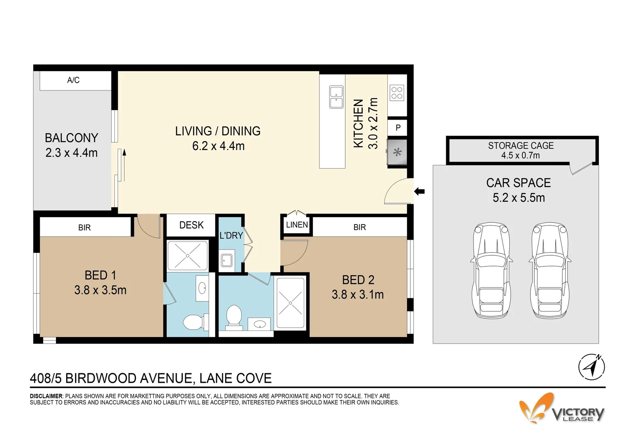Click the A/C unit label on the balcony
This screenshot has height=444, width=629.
(73, 80)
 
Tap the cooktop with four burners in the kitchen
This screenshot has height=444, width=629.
(397, 93)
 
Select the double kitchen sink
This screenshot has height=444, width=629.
(336, 97)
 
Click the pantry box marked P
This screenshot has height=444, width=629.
(398, 128)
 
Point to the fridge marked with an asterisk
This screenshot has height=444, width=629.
(397, 153)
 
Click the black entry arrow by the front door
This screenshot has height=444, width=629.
(419, 191)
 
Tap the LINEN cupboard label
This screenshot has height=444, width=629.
(297, 225)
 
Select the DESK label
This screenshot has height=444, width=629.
(191, 225)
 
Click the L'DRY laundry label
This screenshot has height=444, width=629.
(231, 236)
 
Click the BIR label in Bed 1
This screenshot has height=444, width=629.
(84, 228)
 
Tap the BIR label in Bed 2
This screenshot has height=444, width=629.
(359, 227)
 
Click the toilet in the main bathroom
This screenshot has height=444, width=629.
(234, 317)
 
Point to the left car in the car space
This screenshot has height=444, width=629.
(492, 271)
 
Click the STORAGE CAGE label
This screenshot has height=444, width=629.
(521, 146)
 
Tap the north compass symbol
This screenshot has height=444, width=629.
(592, 366)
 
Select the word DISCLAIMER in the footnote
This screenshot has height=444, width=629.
(46, 396)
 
